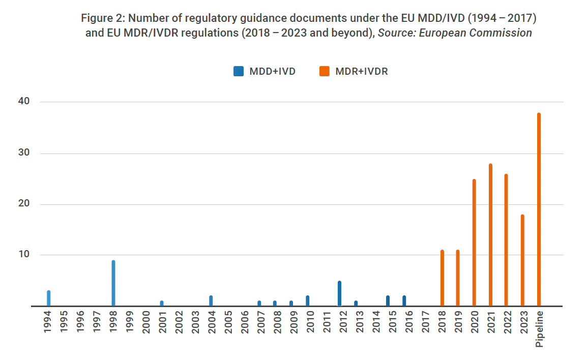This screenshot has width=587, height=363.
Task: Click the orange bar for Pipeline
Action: [x=539, y=209]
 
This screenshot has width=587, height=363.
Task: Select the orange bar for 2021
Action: [x=490, y=235]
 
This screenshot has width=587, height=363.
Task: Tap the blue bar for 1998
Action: [x=113, y=283]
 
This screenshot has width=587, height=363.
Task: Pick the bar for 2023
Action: [x=522, y=260]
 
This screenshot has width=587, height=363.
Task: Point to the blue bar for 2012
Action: [x=339, y=293]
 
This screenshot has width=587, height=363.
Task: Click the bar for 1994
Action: [x=49, y=298]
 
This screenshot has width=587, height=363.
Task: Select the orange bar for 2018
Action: [x=442, y=278]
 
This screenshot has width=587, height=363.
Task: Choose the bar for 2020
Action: [x=474, y=243]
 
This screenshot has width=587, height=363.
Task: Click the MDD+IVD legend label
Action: [x=272, y=72]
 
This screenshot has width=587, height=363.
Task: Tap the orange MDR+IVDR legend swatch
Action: [x=324, y=72]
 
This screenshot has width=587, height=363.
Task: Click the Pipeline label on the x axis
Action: [x=540, y=329]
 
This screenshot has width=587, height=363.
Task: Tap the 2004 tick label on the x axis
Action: [x=212, y=322]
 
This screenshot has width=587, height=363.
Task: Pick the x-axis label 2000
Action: [x=146, y=322]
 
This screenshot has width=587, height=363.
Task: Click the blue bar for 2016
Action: [x=404, y=301]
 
